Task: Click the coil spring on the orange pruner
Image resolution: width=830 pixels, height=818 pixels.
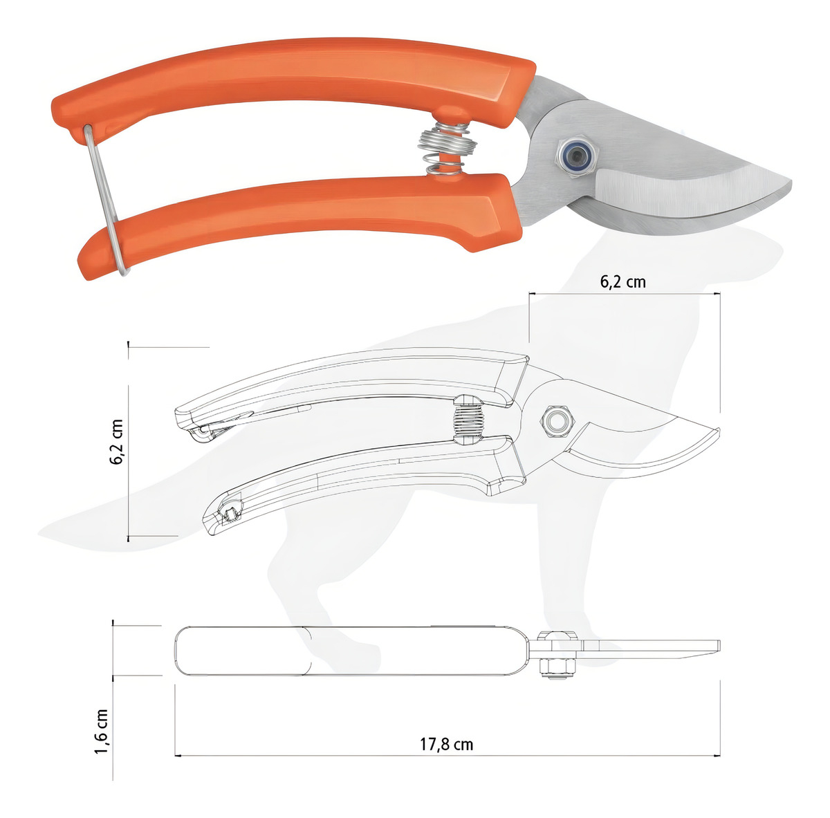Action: coord(447,149)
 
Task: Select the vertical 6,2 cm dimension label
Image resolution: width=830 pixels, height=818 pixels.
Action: coord(116,442)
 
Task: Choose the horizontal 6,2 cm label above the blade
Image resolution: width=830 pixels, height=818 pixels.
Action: coord(623,281)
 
